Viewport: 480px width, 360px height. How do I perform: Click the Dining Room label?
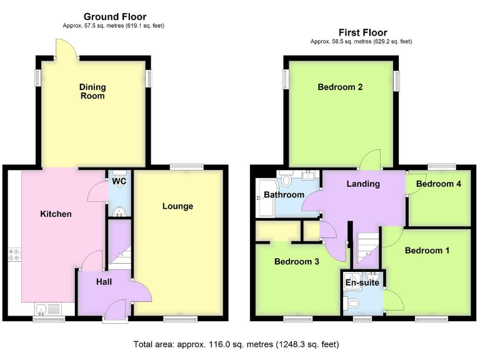point(92,91)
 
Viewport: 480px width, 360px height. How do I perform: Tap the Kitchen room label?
point(56,214)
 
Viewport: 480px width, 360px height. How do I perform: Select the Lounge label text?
point(177,206)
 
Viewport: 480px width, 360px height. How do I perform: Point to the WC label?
point(119,182)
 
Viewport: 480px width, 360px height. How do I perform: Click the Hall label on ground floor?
point(104,282)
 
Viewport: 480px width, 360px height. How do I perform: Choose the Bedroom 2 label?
point(340,87)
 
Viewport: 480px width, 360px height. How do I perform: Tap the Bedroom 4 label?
point(438,184)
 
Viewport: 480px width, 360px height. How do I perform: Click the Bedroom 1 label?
point(427,251)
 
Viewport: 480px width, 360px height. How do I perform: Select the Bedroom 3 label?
point(297,262)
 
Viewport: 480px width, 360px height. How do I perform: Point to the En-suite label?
point(362,282)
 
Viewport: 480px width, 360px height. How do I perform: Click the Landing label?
point(363,184)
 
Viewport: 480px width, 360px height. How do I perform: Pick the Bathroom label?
point(284,195)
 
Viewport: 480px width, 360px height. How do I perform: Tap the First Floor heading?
point(362,32)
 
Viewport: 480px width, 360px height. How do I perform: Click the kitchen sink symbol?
point(48,307)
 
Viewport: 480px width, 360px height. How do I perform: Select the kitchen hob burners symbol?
point(14,256)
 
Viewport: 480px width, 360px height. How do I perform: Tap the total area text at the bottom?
point(236,344)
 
